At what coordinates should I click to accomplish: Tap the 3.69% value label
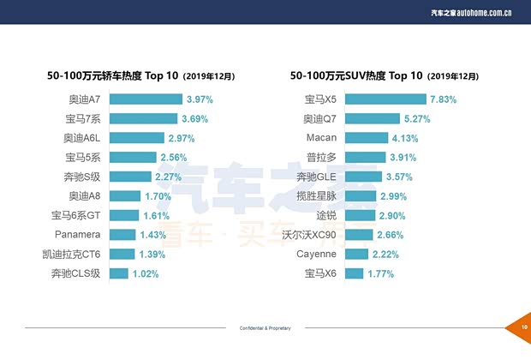tap(194, 118)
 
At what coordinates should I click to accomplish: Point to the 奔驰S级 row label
tap(82, 177)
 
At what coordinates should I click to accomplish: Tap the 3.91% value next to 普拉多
tap(403, 158)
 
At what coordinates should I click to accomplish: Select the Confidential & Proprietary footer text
tap(265, 328)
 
